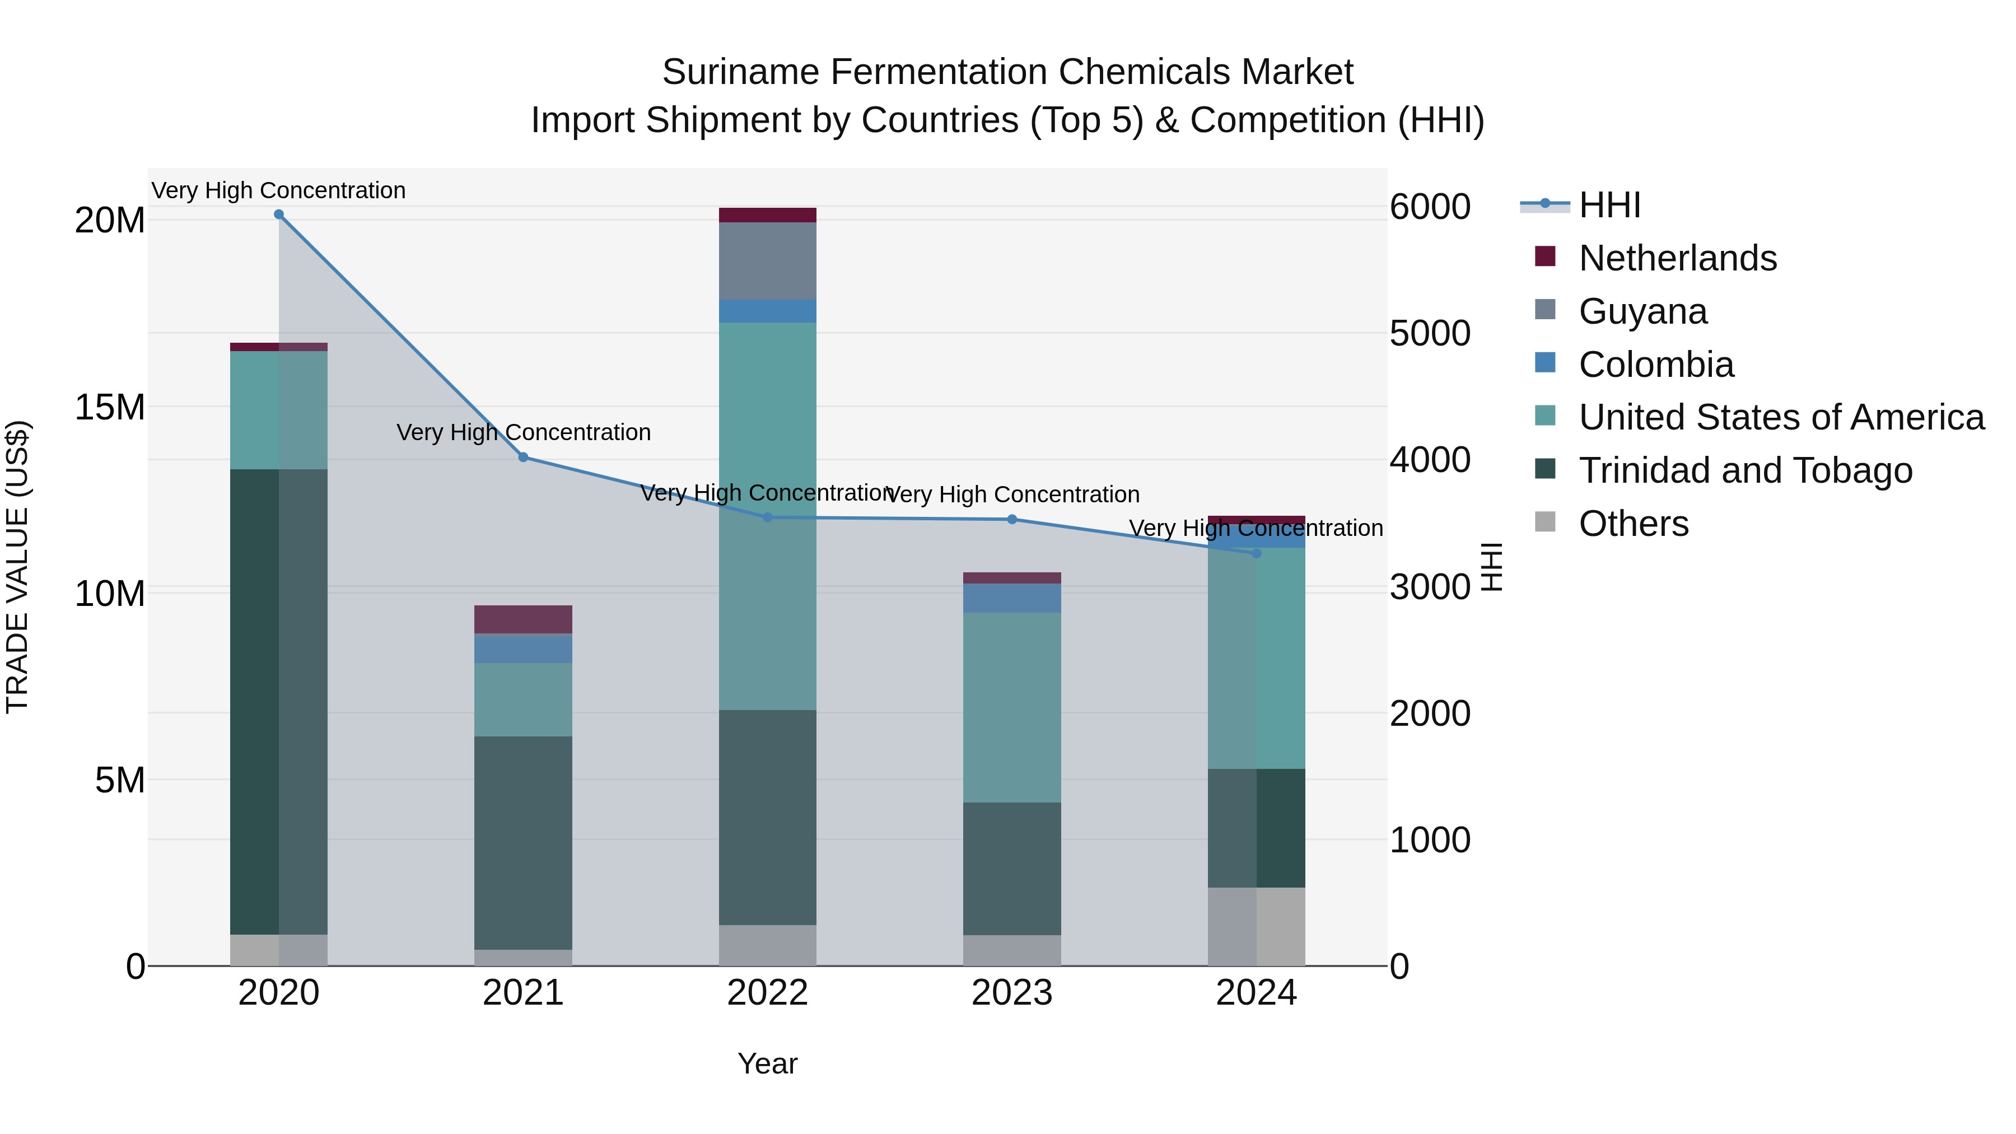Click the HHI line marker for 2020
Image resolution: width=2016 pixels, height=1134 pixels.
tap(279, 214)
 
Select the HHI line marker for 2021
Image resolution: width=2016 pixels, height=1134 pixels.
tap(524, 457)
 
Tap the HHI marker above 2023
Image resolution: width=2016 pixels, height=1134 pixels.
tap(1012, 520)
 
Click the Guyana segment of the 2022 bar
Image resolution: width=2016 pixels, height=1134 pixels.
tap(768, 260)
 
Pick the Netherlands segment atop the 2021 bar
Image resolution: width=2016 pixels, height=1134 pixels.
tap(524, 619)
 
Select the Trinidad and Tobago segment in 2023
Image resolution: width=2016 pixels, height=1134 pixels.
tap(1012, 869)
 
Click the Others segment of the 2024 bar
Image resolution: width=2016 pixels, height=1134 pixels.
tap(1257, 927)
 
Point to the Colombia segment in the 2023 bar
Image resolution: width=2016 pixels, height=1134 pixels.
tap(1012, 598)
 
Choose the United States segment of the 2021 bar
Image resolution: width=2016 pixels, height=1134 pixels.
tap(524, 699)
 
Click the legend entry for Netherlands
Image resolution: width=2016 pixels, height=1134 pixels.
tap(1677, 258)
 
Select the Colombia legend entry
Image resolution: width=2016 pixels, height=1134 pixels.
tap(1656, 365)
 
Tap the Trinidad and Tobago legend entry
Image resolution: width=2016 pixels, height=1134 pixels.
tap(1745, 470)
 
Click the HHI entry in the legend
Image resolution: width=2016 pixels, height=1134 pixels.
tap(1609, 205)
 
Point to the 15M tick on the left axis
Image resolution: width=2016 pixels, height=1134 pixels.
tap(110, 408)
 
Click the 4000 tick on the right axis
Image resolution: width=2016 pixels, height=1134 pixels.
tap(1430, 460)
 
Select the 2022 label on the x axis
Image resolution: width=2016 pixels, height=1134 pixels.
tap(768, 993)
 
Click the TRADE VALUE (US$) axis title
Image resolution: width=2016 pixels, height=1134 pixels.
tap(17, 567)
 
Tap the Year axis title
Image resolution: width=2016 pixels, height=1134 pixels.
tap(767, 1063)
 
